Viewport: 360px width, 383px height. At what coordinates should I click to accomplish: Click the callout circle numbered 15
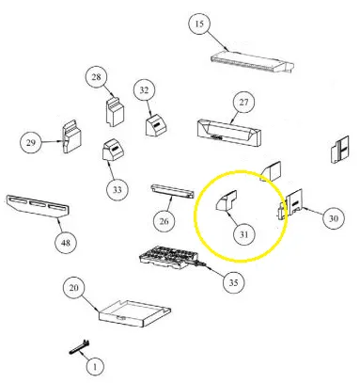point(199,24)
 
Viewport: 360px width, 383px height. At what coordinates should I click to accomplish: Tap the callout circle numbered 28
point(96,77)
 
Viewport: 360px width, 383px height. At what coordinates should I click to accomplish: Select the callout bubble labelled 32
point(144,90)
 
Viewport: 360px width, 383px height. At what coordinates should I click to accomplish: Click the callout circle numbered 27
point(243,103)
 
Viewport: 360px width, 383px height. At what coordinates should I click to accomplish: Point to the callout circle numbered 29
point(30,143)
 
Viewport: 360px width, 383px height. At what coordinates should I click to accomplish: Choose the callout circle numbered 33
point(117,189)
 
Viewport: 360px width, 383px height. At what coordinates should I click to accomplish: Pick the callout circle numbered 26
point(164,221)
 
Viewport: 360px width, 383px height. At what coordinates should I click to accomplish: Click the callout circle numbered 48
point(66,243)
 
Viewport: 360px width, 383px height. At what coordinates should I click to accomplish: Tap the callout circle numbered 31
point(244,234)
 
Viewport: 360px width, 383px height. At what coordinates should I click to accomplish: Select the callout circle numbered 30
point(334,218)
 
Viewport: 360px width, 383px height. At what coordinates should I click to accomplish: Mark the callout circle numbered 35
point(233,282)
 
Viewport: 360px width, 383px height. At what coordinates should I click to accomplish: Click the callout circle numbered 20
point(73,288)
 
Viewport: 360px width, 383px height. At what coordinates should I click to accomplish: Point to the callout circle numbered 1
point(95,366)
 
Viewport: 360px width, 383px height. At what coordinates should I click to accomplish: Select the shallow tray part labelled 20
point(135,313)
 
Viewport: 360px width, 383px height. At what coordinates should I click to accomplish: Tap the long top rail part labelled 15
point(253,63)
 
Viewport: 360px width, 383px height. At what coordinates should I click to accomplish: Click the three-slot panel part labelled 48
point(38,206)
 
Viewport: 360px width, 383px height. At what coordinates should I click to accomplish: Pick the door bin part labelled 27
point(229,132)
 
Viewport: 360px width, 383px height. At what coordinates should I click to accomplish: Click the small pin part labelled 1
point(79,347)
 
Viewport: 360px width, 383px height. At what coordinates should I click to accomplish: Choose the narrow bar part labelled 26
point(172,192)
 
